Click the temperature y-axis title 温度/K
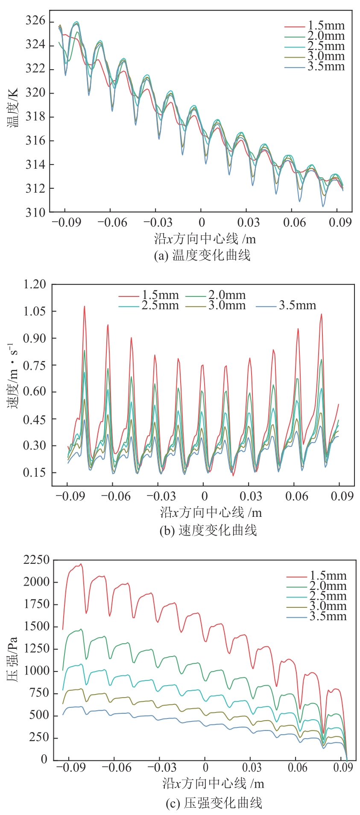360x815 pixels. (x=12, y=107)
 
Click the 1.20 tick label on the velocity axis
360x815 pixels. (x=34, y=284)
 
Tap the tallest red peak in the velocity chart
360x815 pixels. (x=84, y=306)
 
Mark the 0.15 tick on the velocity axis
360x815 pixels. (x=34, y=472)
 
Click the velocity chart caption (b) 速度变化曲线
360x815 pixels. (x=208, y=531)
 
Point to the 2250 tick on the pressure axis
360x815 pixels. (x=36, y=560)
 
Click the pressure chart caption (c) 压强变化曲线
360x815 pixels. (x=214, y=803)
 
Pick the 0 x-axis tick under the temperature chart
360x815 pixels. (x=202, y=223)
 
